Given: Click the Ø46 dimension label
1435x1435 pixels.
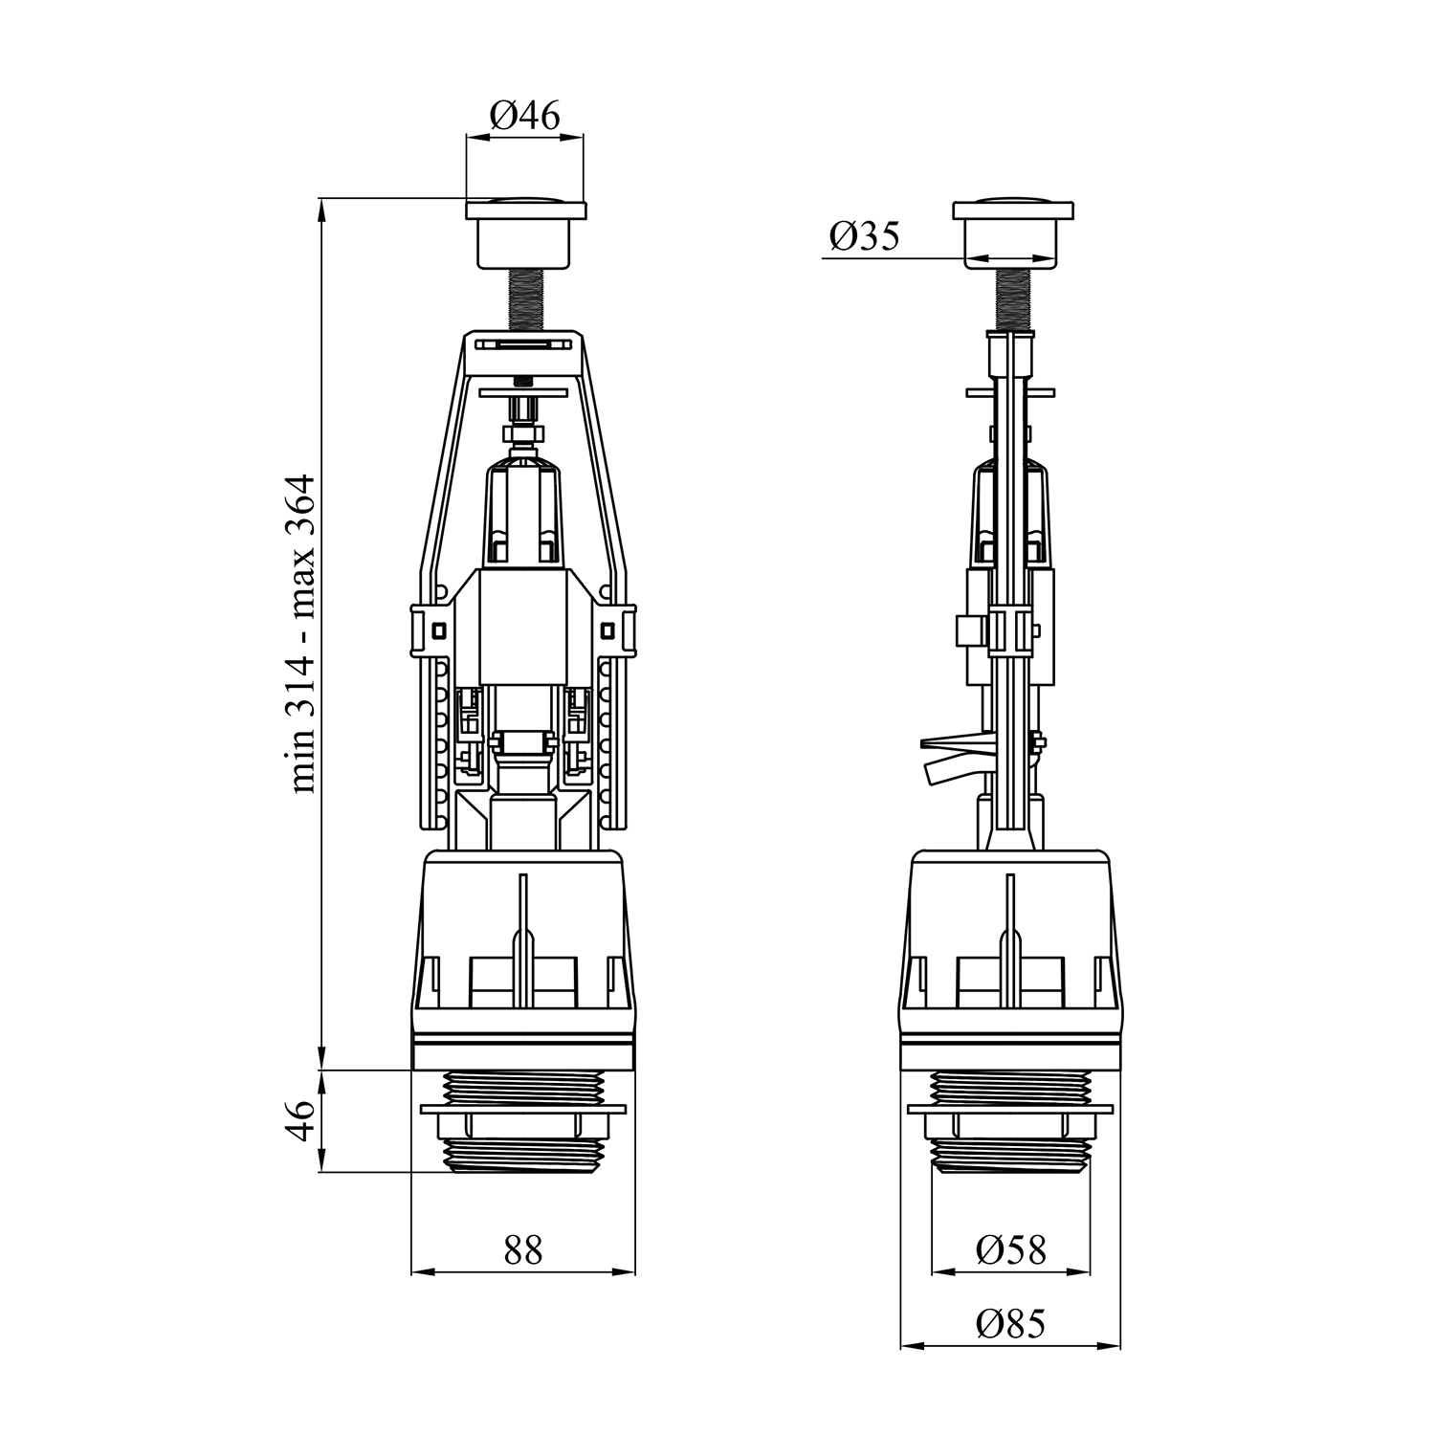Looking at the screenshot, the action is (524, 116).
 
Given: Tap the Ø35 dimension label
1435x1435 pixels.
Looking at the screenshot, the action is (865, 235).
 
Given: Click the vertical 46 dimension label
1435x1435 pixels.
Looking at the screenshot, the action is (302, 1119).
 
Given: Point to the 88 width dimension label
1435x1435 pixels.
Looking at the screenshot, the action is (523, 1249).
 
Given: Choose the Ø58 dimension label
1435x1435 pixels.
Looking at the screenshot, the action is (1011, 1249).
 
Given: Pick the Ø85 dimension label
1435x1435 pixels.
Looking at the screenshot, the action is (1011, 1324).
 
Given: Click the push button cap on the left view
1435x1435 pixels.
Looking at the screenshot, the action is (525, 232).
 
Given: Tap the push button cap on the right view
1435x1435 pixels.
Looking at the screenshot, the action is (1012, 232).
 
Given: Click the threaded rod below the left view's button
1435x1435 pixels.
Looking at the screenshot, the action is (525, 300).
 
